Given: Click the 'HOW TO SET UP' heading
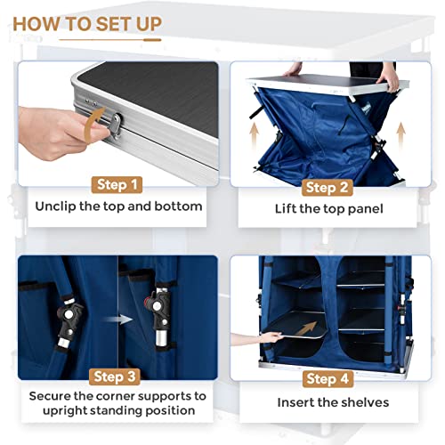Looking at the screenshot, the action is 87,24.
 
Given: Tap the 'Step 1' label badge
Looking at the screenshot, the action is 117,185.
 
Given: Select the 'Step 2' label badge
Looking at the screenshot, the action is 327,188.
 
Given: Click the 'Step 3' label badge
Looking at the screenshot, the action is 115,376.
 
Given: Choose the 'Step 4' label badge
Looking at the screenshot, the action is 328,379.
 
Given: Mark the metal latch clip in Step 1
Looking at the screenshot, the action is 116,127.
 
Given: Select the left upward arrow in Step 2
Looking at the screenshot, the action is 254,135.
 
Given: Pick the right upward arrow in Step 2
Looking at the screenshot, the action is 400,135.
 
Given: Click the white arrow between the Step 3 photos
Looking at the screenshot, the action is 118,320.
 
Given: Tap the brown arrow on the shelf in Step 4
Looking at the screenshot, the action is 306,328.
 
